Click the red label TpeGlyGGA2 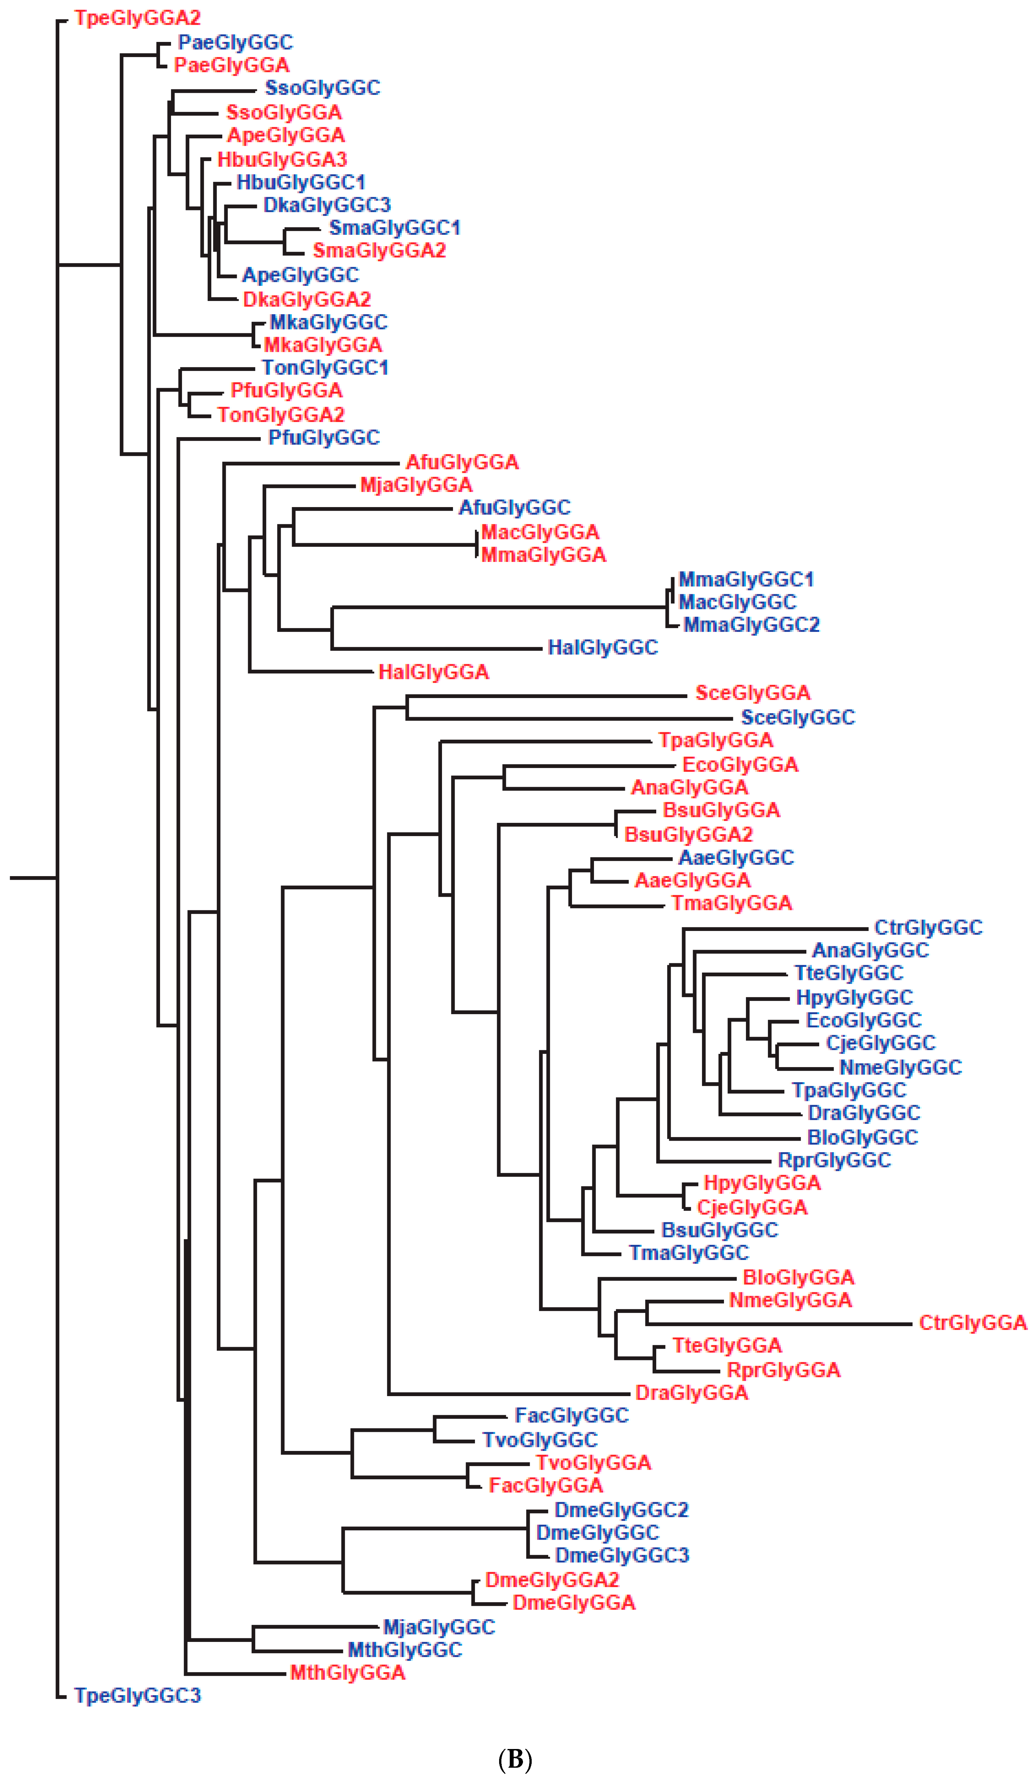[x=138, y=18]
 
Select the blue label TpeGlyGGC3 [x=138, y=1695]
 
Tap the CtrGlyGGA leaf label [x=972, y=1322]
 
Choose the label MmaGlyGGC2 [x=751, y=625]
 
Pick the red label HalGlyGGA [x=434, y=671]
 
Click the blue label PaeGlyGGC [x=235, y=42]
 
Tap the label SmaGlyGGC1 [x=395, y=228]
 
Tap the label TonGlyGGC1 [x=325, y=368]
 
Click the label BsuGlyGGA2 [x=688, y=835]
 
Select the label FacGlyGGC [x=571, y=1415]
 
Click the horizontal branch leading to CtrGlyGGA [x=777, y=1324]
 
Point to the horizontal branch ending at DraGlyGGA [x=508, y=1394]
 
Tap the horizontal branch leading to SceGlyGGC [x=572, y=719]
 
